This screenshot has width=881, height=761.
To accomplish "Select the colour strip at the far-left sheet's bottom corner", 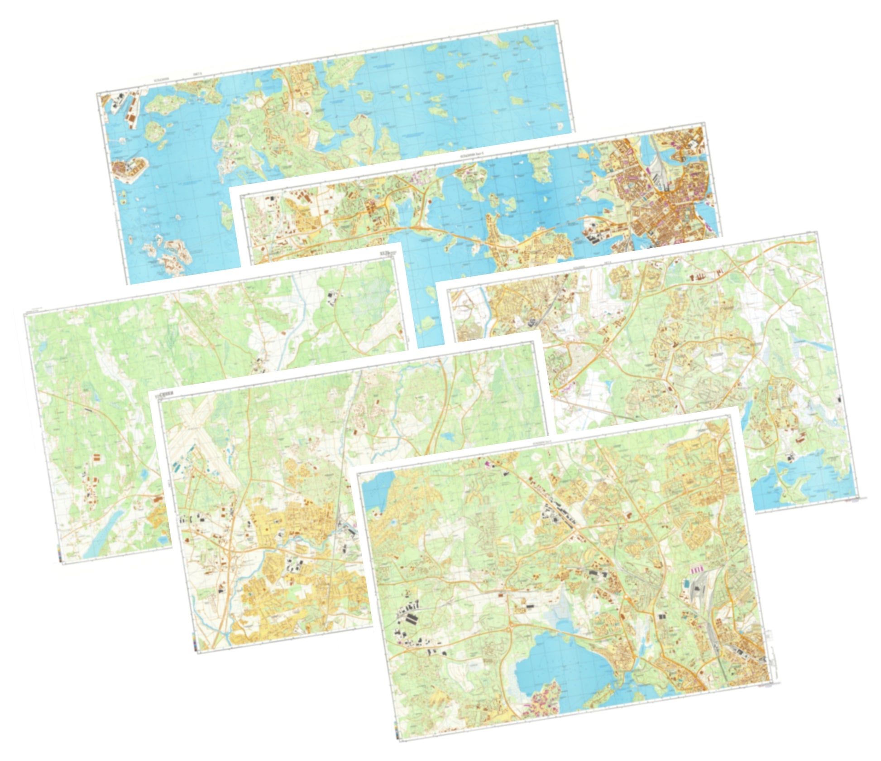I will [60, 554].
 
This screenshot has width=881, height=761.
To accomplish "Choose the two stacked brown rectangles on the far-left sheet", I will [96, 459].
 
